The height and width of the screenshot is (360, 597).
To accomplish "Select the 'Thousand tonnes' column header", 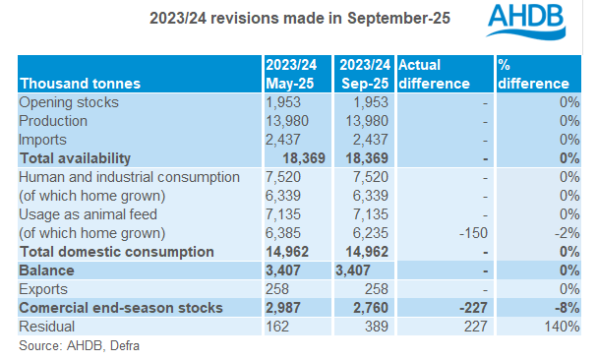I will pyautogui.click(x=80, y=83).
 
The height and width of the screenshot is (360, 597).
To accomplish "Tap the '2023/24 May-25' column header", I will pyautogui.click(x=291, y=74).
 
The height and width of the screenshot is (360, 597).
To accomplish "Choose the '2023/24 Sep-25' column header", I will pyautogui.click(x=364, y=74).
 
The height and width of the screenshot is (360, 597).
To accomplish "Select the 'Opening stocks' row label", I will pyautogui.click(x=70, y=102).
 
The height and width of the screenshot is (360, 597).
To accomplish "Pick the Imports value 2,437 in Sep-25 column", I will pyautogui.click(x=357, y=140).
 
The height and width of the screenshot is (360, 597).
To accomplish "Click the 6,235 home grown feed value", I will pyautogui.click(x=357, y=232).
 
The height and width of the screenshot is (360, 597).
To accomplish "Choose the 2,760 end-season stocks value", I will pyautogui.click(x=358, y=307).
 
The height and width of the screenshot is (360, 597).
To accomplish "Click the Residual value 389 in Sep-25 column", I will pyautogui.click(x=351, y=326).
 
